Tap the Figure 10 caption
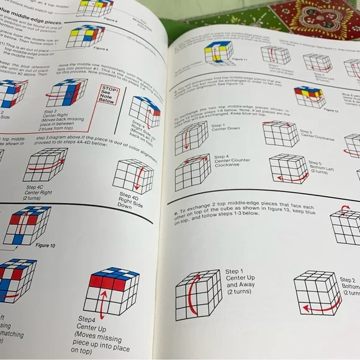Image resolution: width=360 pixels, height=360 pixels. (x=46, y=245)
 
